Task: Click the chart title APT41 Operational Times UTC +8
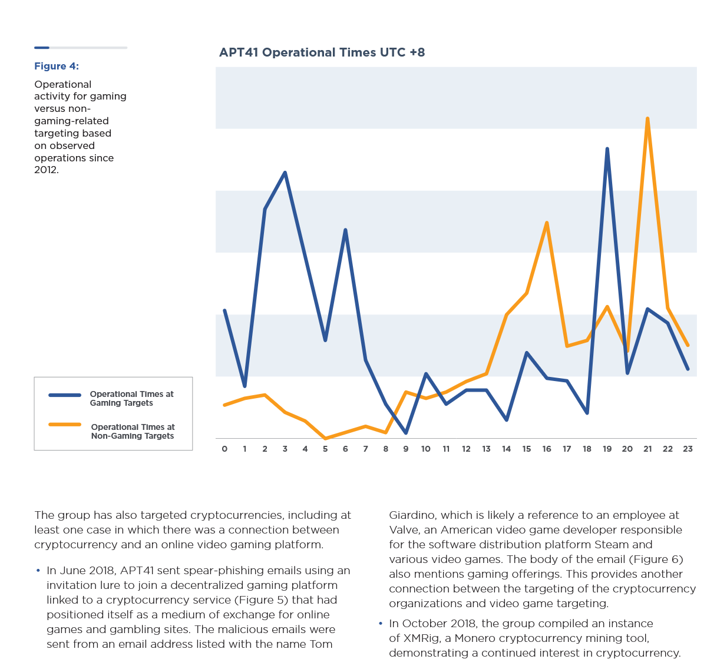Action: [x=322, y=52]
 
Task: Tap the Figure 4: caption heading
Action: [x=57, y=66]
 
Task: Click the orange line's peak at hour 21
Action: [x=647, y=118]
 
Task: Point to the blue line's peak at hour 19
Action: [x=607, y=149]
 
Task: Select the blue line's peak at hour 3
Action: [x=285, y=173]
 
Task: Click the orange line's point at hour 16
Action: [x=547, y=223]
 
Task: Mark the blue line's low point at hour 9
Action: [x=406, y=432]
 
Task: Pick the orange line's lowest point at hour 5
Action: [x=325, y=438]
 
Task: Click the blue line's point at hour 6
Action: [x=345, y=230]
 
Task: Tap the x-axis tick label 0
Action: [x=224, y=449]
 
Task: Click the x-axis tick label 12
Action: [x=466, y=449]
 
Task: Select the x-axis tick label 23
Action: [x=688, y=449]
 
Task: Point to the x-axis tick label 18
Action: [x=587, y=449]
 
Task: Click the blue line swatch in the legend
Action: [x=65, y=395]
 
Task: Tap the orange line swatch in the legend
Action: [x=65, y=425]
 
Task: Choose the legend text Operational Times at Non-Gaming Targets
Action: [x=133, y=432]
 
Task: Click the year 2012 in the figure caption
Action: [x=46, y=170]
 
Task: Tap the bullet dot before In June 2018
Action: [x=38, y=570]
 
